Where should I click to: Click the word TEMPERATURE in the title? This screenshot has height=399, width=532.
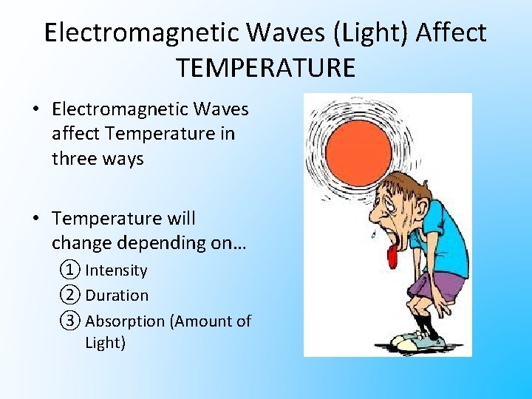click(x=266, y=67)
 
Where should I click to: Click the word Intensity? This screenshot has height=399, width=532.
click(x=116, y=270)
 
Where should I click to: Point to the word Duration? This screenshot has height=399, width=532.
click(x=117, y=296)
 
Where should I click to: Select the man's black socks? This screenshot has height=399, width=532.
click(x=422, y=326)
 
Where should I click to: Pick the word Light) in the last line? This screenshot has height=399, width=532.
click(x=106, y=343)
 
